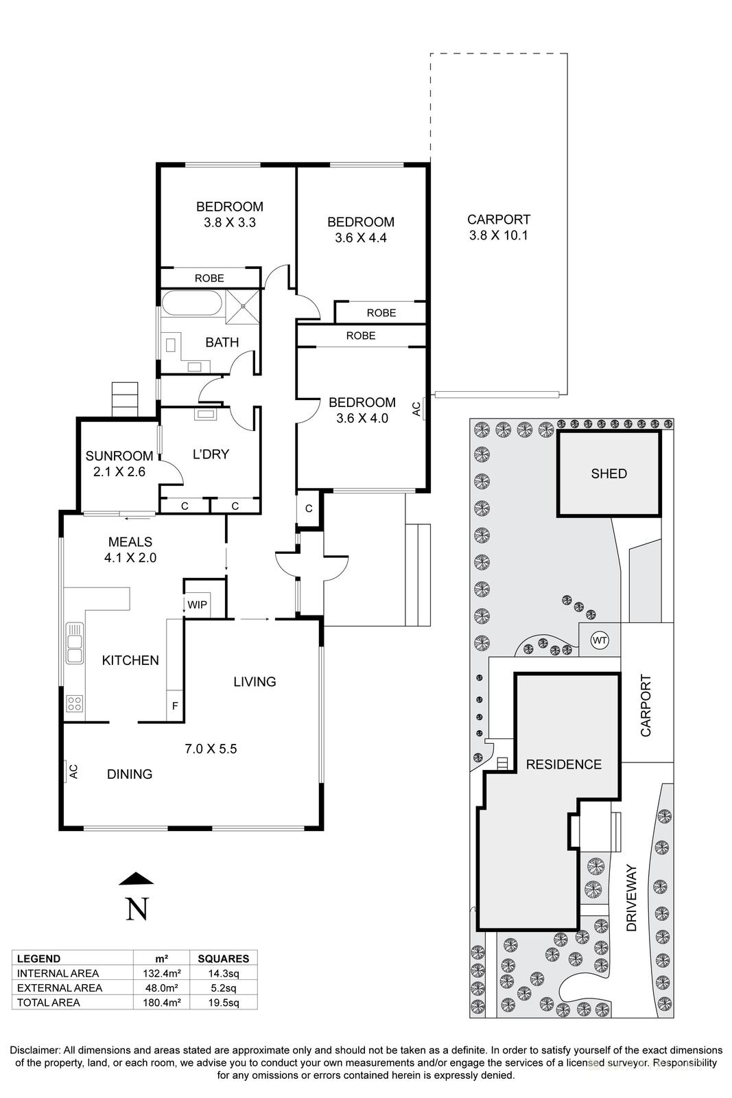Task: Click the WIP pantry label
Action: (198, 605)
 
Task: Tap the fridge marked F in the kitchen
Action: (175, 705)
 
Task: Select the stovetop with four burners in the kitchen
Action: (74, 703)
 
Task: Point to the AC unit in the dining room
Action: (71, 771)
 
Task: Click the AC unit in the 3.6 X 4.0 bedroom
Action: (418, 408)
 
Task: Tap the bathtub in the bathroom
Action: (191, 303)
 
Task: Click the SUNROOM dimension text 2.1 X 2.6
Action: (119, 472)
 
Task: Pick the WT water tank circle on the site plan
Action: (600, 640)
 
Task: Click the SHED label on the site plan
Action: (609, 474)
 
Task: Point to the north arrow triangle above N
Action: (136, 878)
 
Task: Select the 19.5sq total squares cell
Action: (223, 1003)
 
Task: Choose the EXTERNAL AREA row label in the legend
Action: (60, 988)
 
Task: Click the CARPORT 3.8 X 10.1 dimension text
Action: (498, 235)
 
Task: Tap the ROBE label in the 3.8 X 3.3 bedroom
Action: (209, 278)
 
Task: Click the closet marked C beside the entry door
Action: (309, 509)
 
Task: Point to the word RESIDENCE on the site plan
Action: (563, 764)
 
